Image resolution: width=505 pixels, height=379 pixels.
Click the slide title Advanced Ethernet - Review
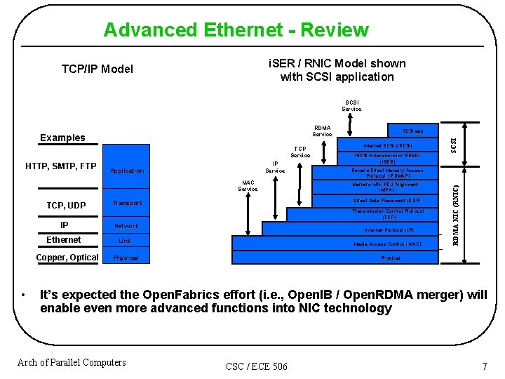236,30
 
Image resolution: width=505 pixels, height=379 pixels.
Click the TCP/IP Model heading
97,69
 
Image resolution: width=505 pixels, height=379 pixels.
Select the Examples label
62,138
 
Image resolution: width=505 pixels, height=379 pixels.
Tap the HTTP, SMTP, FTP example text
61,166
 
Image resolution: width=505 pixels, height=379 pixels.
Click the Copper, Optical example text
67,258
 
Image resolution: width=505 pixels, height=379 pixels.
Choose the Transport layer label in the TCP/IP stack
127,204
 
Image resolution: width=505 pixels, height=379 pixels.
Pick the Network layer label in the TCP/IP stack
126,226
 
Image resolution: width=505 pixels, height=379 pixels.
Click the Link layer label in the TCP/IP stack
125,241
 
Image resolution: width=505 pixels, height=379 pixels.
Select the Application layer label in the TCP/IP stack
128,171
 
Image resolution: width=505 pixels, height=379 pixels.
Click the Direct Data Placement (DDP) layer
388,201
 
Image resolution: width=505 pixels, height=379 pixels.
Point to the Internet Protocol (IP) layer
389,230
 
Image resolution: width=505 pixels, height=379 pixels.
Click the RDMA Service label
322,131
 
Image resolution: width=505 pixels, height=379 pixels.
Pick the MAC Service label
248,185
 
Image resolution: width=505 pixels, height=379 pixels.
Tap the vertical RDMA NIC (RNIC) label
456,215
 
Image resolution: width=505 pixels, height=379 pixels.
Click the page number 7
484,366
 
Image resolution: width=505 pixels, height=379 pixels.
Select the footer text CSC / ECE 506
257,366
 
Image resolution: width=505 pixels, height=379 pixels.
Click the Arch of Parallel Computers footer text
72,362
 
